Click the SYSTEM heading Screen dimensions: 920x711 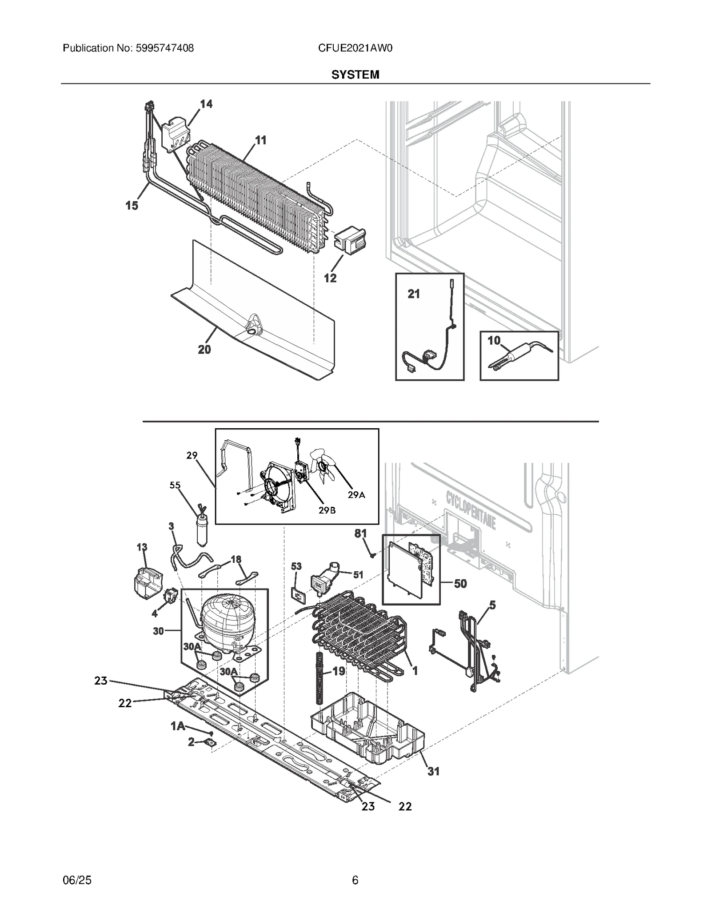pyautogui.click(x=355, y=75)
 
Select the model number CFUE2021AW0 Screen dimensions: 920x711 pyautogui.click(x=355, y=48)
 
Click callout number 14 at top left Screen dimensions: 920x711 pyautogui.click(x=206, y=104)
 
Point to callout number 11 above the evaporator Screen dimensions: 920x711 pyautogui.click(x=261, y=140)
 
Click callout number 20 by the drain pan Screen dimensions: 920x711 pyautogui.click(x=204, y=350)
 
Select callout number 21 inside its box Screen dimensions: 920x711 pyautogui.click(x=414, y=294)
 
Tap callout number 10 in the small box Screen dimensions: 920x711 pyautogui.click(x=494, y=341)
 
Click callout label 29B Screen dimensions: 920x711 pyautogui.click(x=327, y=510)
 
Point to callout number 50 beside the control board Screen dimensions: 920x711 pyautogui.click(x=460, y=583)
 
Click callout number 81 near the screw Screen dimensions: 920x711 pyautogui.click(x=360, y=533)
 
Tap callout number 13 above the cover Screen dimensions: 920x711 pyautogui.click(x=142, y=547)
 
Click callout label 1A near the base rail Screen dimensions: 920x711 pyautogui.click(x=178, y=726)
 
